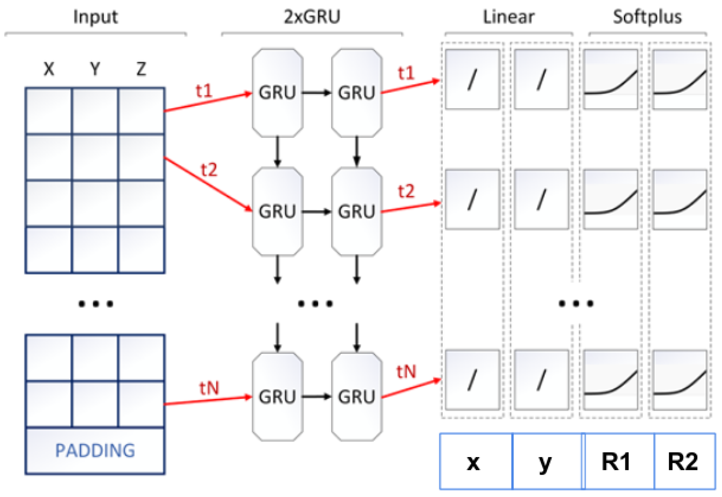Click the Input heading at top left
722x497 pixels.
click(95, 17)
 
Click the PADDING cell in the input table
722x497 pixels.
click(95, 450)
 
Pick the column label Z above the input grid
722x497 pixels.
click(141, 69)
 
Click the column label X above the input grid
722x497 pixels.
click(49, 69)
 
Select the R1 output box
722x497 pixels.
click(616, 462)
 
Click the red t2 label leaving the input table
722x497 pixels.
click(209, 170)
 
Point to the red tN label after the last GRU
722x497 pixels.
click(406, 372)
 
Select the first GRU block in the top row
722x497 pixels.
click(277, 92)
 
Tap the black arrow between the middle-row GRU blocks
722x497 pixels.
click(316, 212)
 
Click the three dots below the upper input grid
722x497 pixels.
click(95, 303)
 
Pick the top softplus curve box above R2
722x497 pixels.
click(680, 79)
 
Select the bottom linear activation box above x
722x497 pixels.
click(472, 380)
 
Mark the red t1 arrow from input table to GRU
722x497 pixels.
click(208, 102)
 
